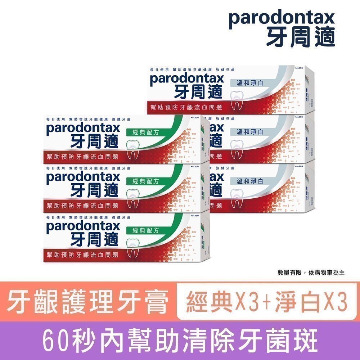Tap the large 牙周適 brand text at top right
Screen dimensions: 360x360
click(301, 37)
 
